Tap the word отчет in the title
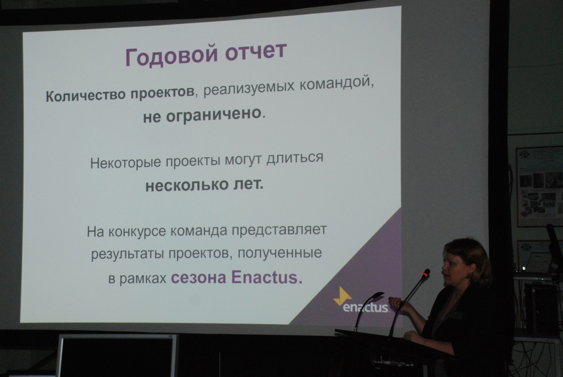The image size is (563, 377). [256, 51]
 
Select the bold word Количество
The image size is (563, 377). [85, 96]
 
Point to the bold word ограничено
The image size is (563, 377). [214, 115]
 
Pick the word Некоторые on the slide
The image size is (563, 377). [126, 163]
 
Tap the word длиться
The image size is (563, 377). [295, 158]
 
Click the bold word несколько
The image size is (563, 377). [187, 185]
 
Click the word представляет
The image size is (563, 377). [279, 230]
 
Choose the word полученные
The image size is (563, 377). [280, 253]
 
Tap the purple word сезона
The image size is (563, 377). [198, 278]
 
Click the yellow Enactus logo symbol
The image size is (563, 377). [343, 296]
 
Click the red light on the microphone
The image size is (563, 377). [426, 274]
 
